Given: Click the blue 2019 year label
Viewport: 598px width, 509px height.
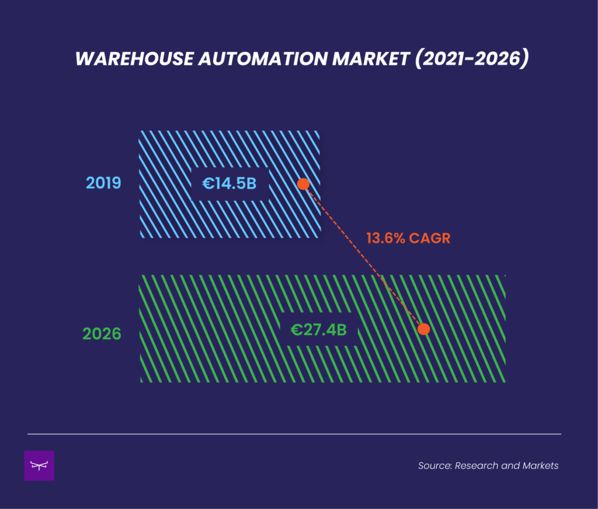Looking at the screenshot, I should tap(103, 183).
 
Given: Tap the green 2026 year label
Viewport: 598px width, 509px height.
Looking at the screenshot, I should tap(102, 334).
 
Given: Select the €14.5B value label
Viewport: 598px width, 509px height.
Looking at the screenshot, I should tap(230, 184).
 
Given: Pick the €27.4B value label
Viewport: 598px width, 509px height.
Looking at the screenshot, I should tap(319, 330).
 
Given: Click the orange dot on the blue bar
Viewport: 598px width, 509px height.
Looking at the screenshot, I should tap(303, 184).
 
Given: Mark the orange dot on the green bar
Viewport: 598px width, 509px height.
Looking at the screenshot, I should tap(424, 329).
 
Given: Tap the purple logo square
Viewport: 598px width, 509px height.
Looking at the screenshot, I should tap(39, 466).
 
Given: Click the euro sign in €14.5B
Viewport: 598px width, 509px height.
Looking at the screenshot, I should tap(208, 184).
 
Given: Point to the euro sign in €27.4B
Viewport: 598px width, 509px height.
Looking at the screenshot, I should tap(297, 330).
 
